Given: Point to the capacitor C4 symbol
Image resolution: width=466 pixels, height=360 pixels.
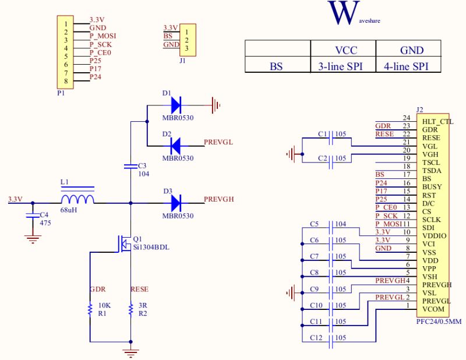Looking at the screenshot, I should point(33,215).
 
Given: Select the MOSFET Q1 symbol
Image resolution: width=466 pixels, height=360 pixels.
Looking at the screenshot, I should point(125,243).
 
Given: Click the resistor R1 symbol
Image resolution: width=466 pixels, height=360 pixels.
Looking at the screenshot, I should point(90,309).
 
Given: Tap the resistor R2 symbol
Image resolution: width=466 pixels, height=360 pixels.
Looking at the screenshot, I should point(130,309).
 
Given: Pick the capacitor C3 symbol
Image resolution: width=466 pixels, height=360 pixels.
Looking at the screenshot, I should point(130,167).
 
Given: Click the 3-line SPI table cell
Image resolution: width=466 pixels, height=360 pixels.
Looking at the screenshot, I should point(343,66).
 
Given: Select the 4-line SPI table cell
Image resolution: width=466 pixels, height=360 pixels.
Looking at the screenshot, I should point(408,66).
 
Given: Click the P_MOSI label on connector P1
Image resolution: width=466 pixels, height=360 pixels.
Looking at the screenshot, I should point(103,36).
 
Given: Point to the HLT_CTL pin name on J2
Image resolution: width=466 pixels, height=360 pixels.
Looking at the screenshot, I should point(430,121).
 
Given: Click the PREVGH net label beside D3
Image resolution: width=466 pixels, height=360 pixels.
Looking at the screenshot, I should point(219,199).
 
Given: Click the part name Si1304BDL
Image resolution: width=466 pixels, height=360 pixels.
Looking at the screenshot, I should point(151,247).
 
